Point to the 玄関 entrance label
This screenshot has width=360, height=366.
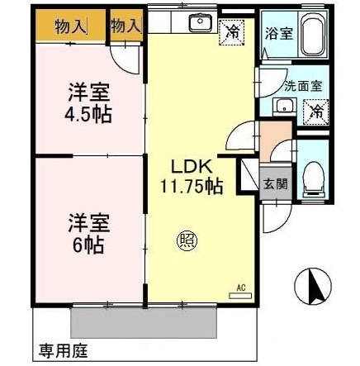point(276,184)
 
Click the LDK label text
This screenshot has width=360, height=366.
point(192,166)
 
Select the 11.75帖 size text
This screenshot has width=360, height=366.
point(192,186)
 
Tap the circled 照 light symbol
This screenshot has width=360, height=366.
point(187,240)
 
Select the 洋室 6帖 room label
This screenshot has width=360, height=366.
point(85,233)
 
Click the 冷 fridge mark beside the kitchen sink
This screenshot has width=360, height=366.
point(234,33)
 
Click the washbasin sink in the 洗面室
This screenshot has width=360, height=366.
point(283,106)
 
